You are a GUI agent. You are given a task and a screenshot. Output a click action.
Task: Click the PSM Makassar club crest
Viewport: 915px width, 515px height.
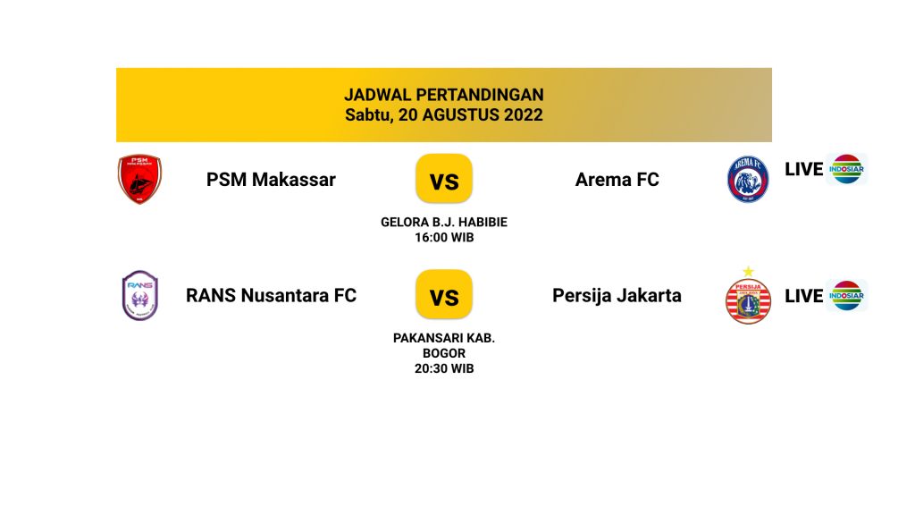tap(139, 179)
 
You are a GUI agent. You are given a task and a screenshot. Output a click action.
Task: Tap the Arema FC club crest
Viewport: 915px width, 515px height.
tap(748, 179)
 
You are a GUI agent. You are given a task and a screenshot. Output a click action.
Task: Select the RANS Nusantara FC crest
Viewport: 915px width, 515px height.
tap(140, 295)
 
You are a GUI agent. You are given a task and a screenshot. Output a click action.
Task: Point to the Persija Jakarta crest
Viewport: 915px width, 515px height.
tap(748, 300)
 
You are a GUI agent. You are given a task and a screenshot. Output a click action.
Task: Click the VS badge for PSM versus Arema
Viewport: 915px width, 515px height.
tap(444, 179)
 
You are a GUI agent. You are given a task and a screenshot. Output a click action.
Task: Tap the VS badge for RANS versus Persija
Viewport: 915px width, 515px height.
tap(444, 294)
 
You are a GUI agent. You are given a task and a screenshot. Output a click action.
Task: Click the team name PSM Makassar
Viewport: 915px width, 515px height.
tap(271, 179)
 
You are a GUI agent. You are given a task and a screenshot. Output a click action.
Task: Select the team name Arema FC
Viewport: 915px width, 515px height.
tap(617, 179)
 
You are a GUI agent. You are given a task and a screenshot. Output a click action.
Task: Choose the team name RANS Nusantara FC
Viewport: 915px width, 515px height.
tap(271, 295)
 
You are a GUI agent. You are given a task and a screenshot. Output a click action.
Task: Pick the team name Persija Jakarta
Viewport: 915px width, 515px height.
tap(617, 295)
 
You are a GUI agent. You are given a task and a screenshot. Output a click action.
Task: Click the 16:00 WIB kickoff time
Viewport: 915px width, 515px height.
tap(444, 238)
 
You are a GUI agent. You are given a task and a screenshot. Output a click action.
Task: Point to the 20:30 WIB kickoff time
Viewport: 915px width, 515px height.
tap(444, 368)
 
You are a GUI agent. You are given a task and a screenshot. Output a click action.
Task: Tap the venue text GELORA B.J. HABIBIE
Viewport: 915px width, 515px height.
tap(444, 222)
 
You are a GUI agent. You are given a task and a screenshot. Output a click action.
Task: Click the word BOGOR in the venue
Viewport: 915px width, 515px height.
tap(444, 353)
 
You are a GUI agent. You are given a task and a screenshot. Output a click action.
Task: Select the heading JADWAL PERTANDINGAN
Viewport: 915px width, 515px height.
tap(444, 95)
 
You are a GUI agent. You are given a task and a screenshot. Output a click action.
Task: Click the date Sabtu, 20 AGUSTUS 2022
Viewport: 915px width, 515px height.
tap(444, 114)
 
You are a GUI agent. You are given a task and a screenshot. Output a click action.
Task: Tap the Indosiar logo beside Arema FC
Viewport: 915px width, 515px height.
tap(846, 169)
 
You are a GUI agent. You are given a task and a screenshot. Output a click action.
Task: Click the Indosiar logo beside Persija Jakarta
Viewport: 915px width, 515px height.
tap(846, 295)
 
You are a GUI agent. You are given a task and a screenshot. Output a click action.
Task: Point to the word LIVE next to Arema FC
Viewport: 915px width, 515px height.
tap(803, 169)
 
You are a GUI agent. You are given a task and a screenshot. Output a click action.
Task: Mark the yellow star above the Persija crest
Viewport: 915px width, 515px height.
tap(748, 272)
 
